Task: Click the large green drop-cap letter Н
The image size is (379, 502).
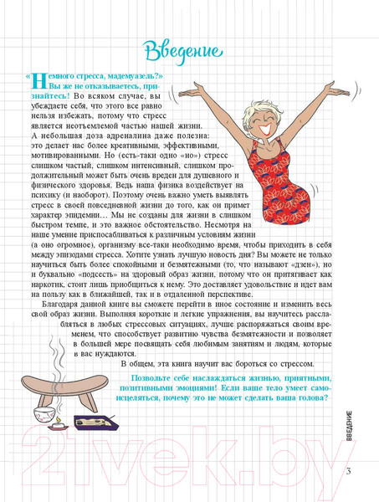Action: click(38, 84)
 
